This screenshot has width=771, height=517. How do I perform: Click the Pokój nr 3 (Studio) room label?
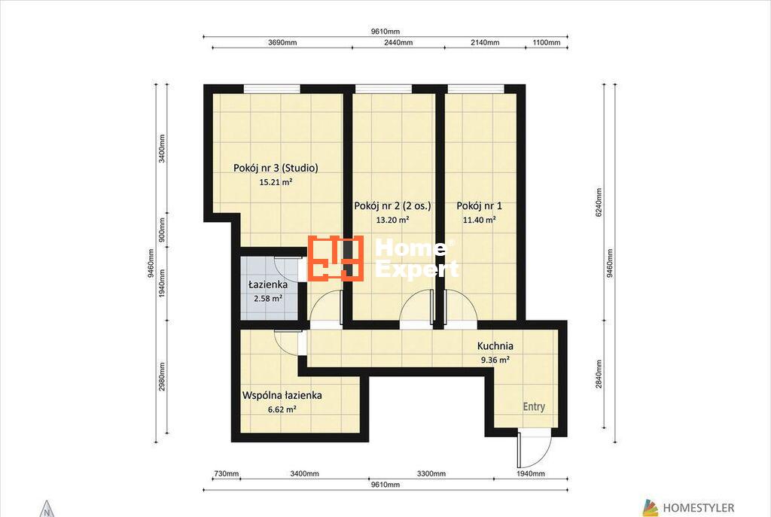click(276, 168)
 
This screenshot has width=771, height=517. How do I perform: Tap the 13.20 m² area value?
click(392, 220)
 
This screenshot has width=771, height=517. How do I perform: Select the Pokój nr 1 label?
click(480, 206)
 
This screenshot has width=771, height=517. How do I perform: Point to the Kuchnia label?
click(495, 346)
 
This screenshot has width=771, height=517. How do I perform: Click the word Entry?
click(534, 407)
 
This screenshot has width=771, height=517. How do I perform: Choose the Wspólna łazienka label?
click(282, 395)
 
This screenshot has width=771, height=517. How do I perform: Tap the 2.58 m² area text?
click(268, 298)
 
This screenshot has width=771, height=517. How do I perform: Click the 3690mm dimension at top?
click(282, 42)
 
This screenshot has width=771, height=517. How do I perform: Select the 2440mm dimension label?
click(398, 42)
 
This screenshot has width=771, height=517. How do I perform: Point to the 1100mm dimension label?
click(547, 42)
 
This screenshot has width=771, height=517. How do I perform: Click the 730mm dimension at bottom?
click(226, 474)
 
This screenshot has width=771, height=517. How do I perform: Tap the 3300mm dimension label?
click(431, 474)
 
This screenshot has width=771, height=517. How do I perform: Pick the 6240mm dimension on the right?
click(599, 202)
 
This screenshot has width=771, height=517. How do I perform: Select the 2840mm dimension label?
click(599, 374)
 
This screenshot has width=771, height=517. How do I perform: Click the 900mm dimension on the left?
click(162, 230)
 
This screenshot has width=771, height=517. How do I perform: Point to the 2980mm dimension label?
click(162, 377)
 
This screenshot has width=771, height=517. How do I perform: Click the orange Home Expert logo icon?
click(336, 259)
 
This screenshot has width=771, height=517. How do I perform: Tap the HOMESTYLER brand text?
click(698, 508)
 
